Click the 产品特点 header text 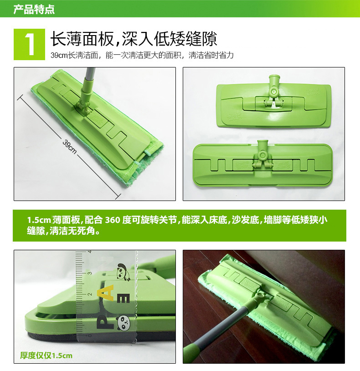point(34,10)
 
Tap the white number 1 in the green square point(30,44)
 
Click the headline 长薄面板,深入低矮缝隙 point(134,39)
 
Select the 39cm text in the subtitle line point(59,55)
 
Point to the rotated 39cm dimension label point(70,147)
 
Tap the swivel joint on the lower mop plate point(262,158)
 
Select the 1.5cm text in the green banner point(39,220)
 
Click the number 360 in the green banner point(113,220)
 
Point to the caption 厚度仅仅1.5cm point(46,356)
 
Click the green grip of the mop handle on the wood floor point(194,353)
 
